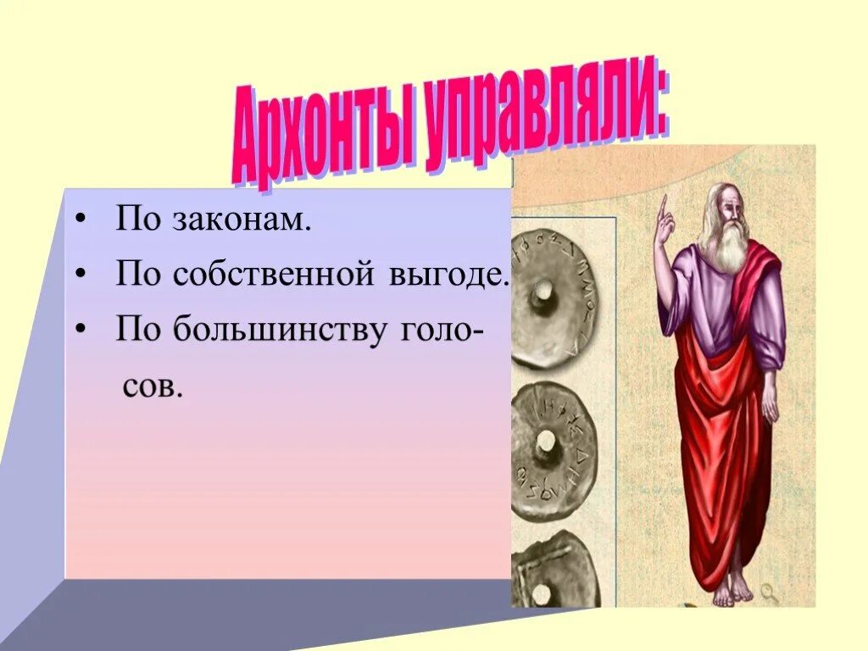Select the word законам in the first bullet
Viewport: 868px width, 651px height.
tap(242, 220)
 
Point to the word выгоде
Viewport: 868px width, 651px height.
tap(459, 275)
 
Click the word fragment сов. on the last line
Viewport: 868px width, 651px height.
tap(153, 386)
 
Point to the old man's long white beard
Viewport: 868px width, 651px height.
tap(731, 246)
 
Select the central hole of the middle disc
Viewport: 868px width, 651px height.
tap(546, 441)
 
